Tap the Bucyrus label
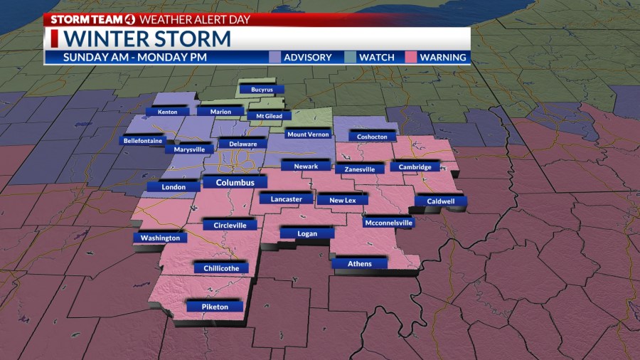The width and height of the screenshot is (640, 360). [261, 90]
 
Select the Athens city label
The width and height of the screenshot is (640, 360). [359, 264]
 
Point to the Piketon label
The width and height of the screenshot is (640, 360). [215, 307]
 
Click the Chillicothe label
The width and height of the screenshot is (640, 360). [221, 268]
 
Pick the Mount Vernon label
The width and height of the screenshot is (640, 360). [309, 134]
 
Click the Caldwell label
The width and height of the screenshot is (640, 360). [441, 201]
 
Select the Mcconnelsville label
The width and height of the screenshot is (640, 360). [388, 223]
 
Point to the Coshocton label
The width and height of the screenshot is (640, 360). [372, 137]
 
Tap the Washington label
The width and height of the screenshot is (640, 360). [160, 238]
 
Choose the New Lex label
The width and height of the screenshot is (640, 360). [342, 201]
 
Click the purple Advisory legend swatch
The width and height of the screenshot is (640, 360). [276, 57]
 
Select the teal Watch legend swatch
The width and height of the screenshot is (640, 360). [351, 57]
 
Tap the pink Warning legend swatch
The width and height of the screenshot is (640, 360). [411, 57]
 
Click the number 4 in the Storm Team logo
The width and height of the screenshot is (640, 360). [129, 19]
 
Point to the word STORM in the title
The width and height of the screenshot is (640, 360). [196, 38]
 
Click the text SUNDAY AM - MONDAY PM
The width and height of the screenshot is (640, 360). [134, 57]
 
